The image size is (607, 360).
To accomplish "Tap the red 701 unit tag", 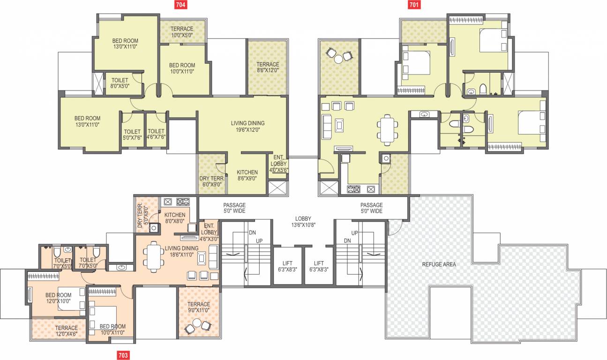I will click(x=414, y=5).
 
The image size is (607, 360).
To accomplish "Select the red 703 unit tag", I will click(x=122, y=355).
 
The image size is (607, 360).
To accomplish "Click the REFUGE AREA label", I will click(x=439, y=264).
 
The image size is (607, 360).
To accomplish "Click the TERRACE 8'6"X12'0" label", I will click(x=268, y=67).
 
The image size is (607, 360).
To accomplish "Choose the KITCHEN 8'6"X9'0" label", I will click(x=247, y=175).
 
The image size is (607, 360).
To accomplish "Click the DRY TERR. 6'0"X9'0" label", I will click(x=211, y=181).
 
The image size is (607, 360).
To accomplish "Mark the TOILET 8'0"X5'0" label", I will click(x=120, y=83).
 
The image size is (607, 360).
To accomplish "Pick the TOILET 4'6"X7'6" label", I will click(x=156, y=134).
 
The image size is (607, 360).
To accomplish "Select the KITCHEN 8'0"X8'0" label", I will click(x=174, y=217).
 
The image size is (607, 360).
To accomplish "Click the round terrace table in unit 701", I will click(x=338, y=58).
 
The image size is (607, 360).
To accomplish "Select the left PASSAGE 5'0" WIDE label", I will click(x=234, y=208).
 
